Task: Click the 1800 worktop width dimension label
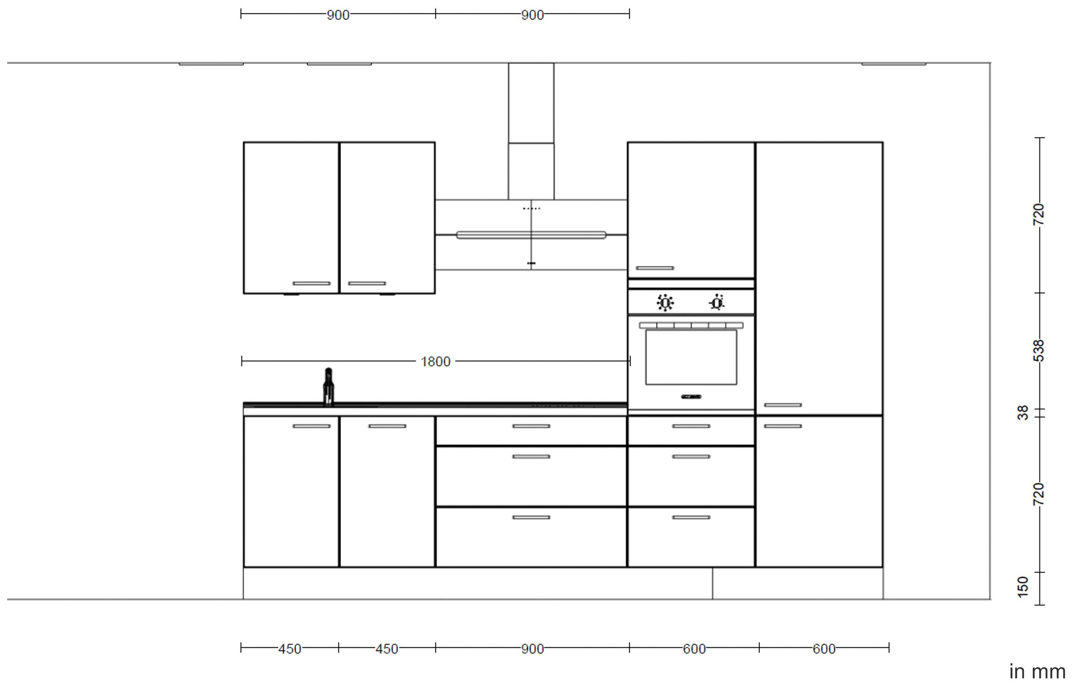point(435,362)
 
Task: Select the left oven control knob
point(665,303)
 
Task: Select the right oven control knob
point(717,302)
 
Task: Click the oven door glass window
point(691,357)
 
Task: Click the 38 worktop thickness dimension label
point(1023,412)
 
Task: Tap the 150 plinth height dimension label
point(1023,587)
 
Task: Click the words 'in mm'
point(1037,672)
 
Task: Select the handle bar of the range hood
point(531,235)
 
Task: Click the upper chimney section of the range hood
point(531,103)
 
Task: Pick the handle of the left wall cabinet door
point(312,283)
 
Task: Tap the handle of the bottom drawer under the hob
point(531,517)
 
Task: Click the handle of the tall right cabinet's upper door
point(783,405)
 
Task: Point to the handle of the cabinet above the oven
point(655,268)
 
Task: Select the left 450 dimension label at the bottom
point(290,649)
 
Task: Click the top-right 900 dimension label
point(533,15)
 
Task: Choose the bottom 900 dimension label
point(533,649)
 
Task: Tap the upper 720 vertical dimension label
point(1039,214)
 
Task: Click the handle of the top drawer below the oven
point(691,426)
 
